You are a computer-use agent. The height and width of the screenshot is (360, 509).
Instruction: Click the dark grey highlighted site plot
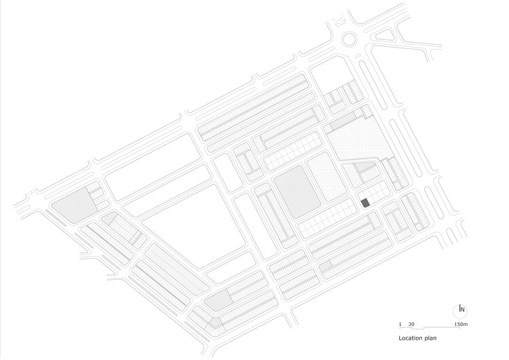pos(366,203)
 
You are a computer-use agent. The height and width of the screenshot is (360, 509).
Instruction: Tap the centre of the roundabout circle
pos(350,39)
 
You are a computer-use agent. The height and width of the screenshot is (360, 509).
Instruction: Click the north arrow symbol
pos(460,308)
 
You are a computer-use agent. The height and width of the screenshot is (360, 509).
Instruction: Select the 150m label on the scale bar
pos(461,324)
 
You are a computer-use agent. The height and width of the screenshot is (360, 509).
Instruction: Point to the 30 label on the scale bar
pos(411,324)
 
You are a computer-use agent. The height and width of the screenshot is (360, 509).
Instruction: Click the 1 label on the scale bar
pos(400,324)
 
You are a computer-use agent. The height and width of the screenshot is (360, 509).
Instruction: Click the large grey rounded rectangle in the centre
pos(297,192)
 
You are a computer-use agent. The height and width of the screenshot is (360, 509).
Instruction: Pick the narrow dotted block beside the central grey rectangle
pos(326,177)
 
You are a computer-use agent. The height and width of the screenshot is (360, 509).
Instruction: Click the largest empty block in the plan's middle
pos(194,226)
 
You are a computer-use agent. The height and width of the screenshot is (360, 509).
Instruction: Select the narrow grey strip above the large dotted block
pos(343,121)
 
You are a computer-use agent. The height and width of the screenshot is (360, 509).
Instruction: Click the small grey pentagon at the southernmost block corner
pos(215,323)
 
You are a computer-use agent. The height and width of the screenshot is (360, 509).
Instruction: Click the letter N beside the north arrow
pos(463,310)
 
